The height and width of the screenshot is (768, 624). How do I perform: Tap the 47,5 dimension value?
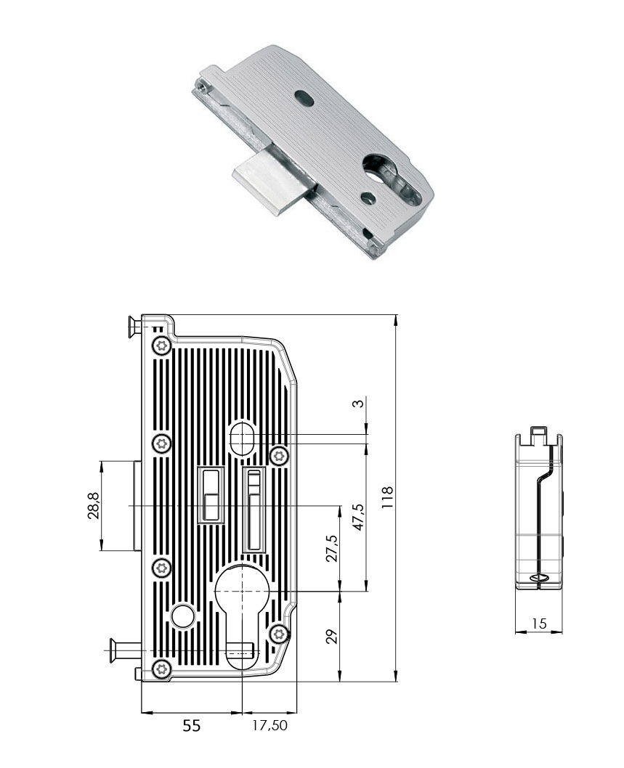pos(359,517)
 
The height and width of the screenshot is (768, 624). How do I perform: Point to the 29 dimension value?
pos(332,636)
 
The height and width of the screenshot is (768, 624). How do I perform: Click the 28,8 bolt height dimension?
pos(94,505)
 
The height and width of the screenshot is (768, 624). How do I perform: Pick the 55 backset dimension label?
pos(191,725)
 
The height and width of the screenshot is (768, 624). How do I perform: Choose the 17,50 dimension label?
pos(270,725)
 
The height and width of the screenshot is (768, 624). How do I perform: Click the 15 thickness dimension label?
pos(539,624)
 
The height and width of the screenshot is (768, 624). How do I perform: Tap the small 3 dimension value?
pos(359,403)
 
